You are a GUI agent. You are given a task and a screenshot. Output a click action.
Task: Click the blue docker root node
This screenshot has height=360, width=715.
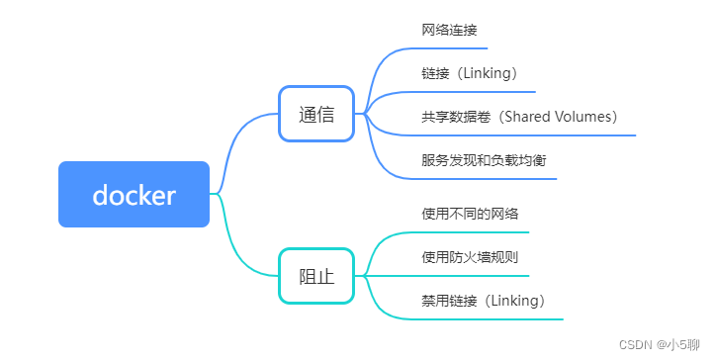coord(134,195)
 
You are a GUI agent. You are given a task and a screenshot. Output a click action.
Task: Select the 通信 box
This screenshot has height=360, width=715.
coord(316,114)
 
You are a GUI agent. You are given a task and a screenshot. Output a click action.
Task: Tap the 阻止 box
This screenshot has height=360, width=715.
coord(316,276)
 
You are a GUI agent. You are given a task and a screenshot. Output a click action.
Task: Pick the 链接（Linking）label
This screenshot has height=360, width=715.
coord(470,73)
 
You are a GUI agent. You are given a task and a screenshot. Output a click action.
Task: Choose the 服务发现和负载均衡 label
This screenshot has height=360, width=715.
coord(485,160)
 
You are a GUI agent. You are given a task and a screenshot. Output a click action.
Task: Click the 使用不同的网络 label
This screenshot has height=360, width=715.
coord(471,214)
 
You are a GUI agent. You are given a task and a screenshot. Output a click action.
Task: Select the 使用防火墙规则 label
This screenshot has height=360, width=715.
coord(471,257)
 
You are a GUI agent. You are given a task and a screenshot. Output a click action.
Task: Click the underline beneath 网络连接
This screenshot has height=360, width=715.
coord(454,47)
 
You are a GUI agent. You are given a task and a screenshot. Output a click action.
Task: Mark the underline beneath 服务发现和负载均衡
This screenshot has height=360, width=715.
coord(485,178)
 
